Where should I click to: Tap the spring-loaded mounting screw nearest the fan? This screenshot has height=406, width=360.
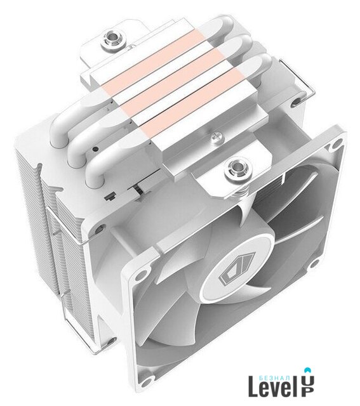pyautogui.click(x=238, y=169)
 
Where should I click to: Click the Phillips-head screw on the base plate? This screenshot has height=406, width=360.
pyautogui.click(x=217, y=136)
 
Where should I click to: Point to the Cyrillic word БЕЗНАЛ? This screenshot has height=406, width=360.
pyautogui.click(x=275, y=377)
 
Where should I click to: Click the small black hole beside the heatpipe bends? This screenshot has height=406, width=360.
pyautogui.click(x=96, y=149)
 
